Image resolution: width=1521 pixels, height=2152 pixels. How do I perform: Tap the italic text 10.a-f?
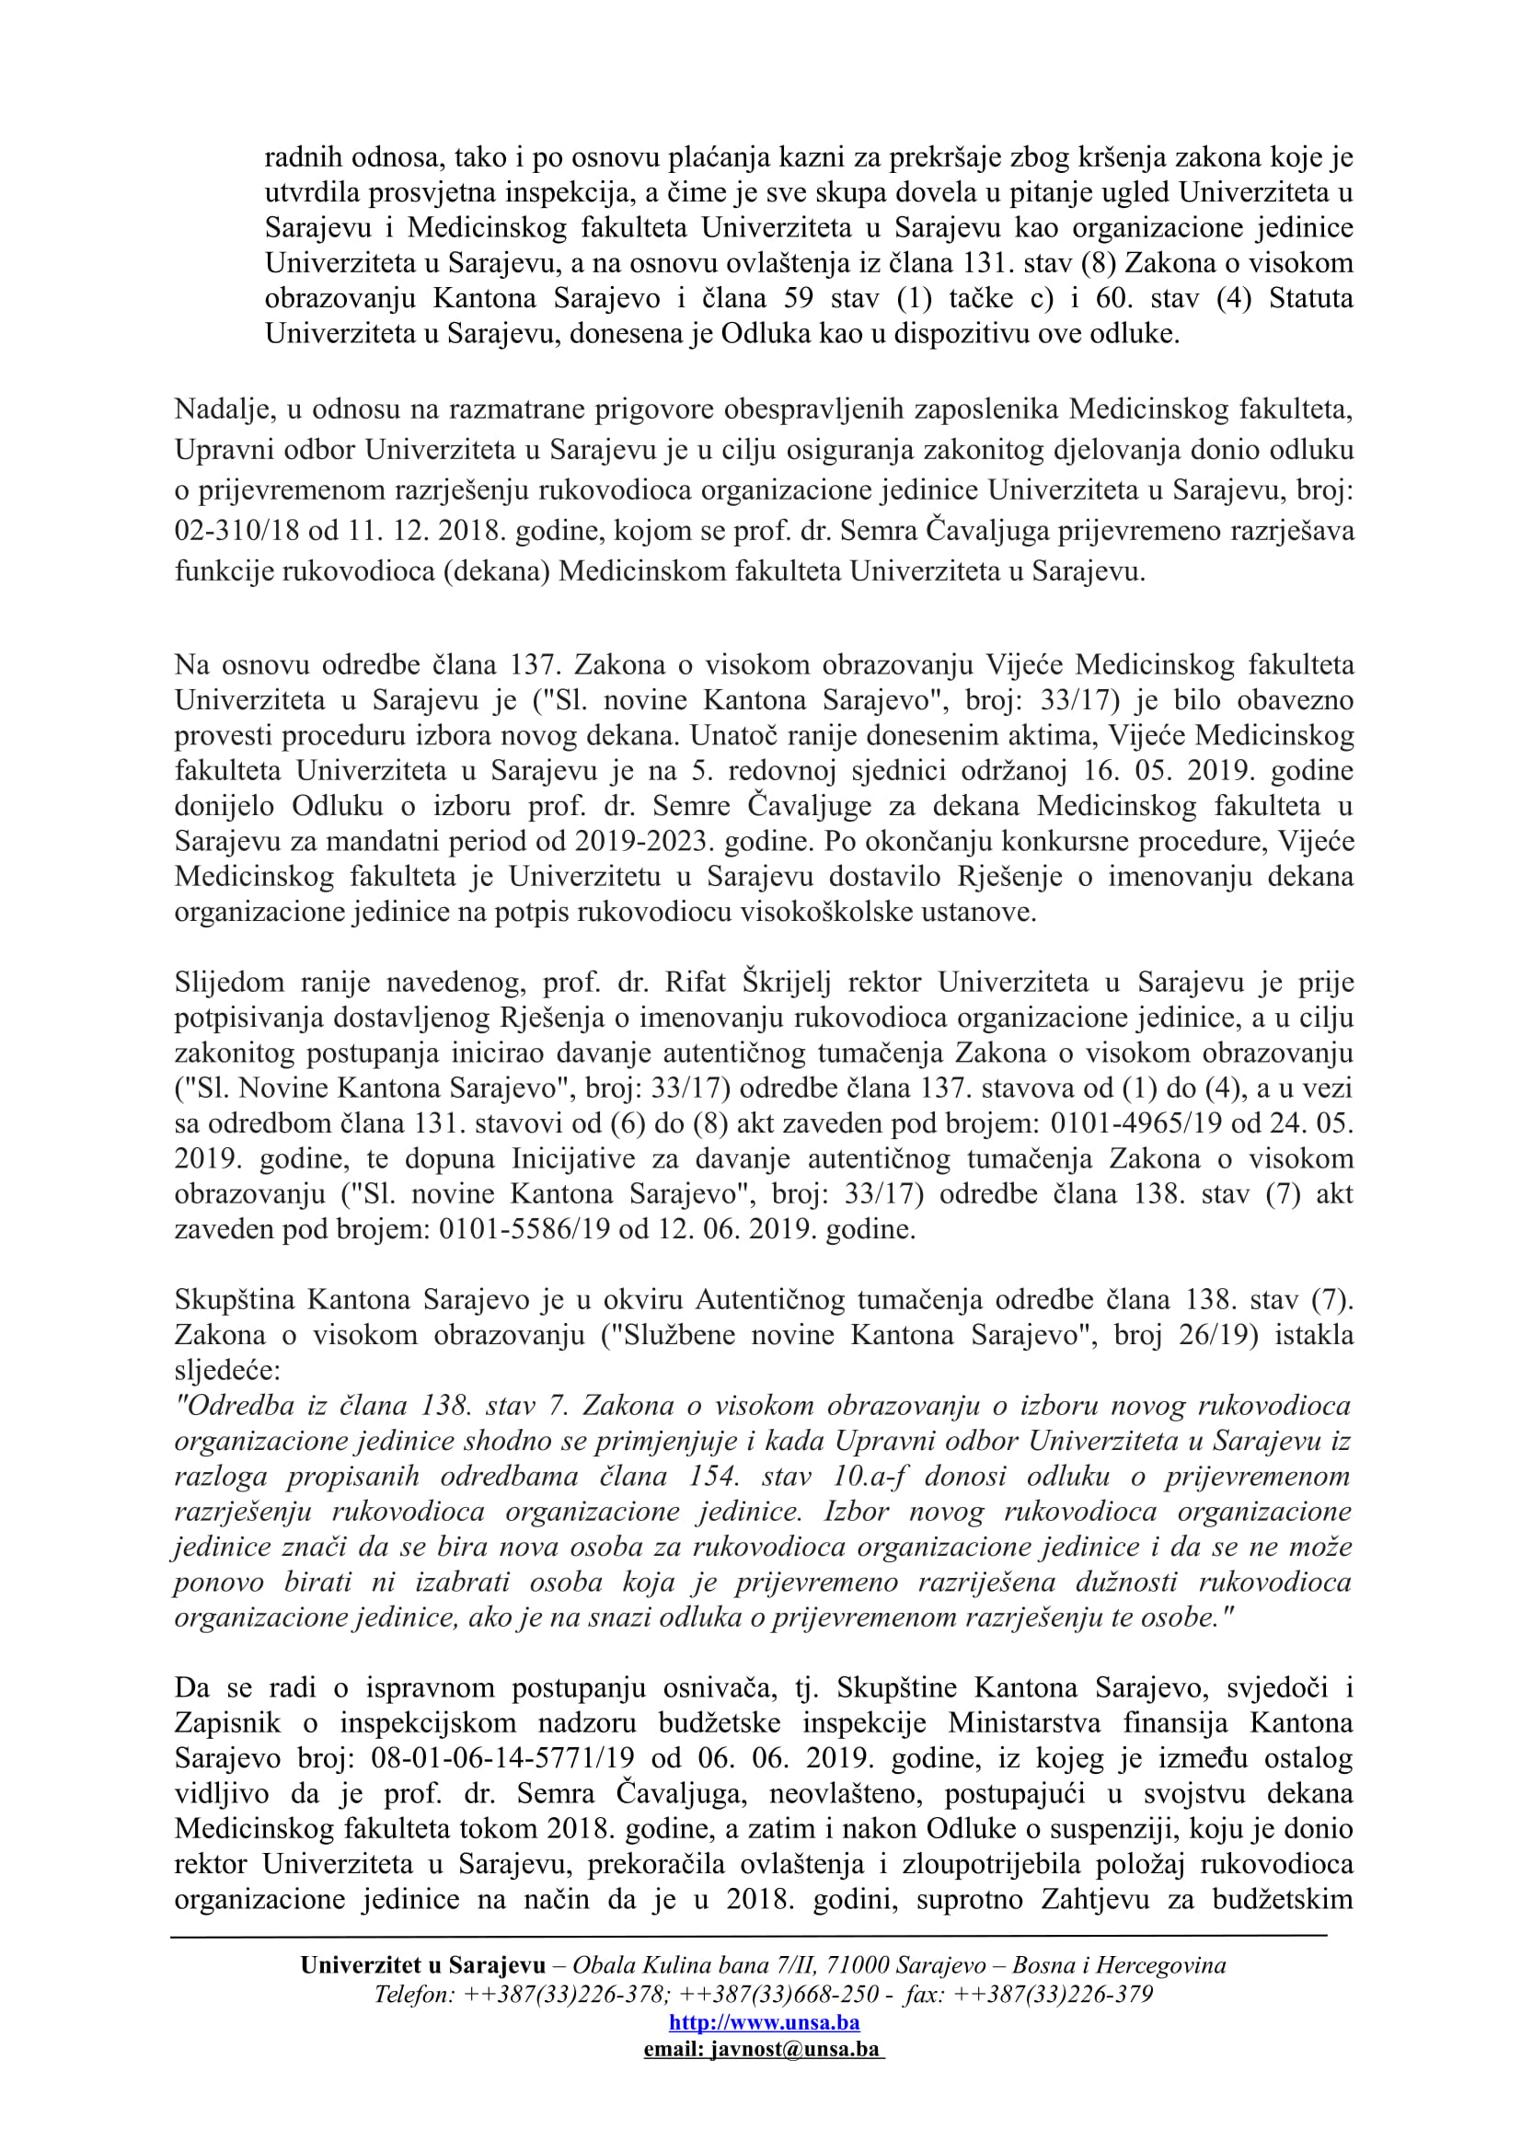pyautogui.click(x=872, y=1476)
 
